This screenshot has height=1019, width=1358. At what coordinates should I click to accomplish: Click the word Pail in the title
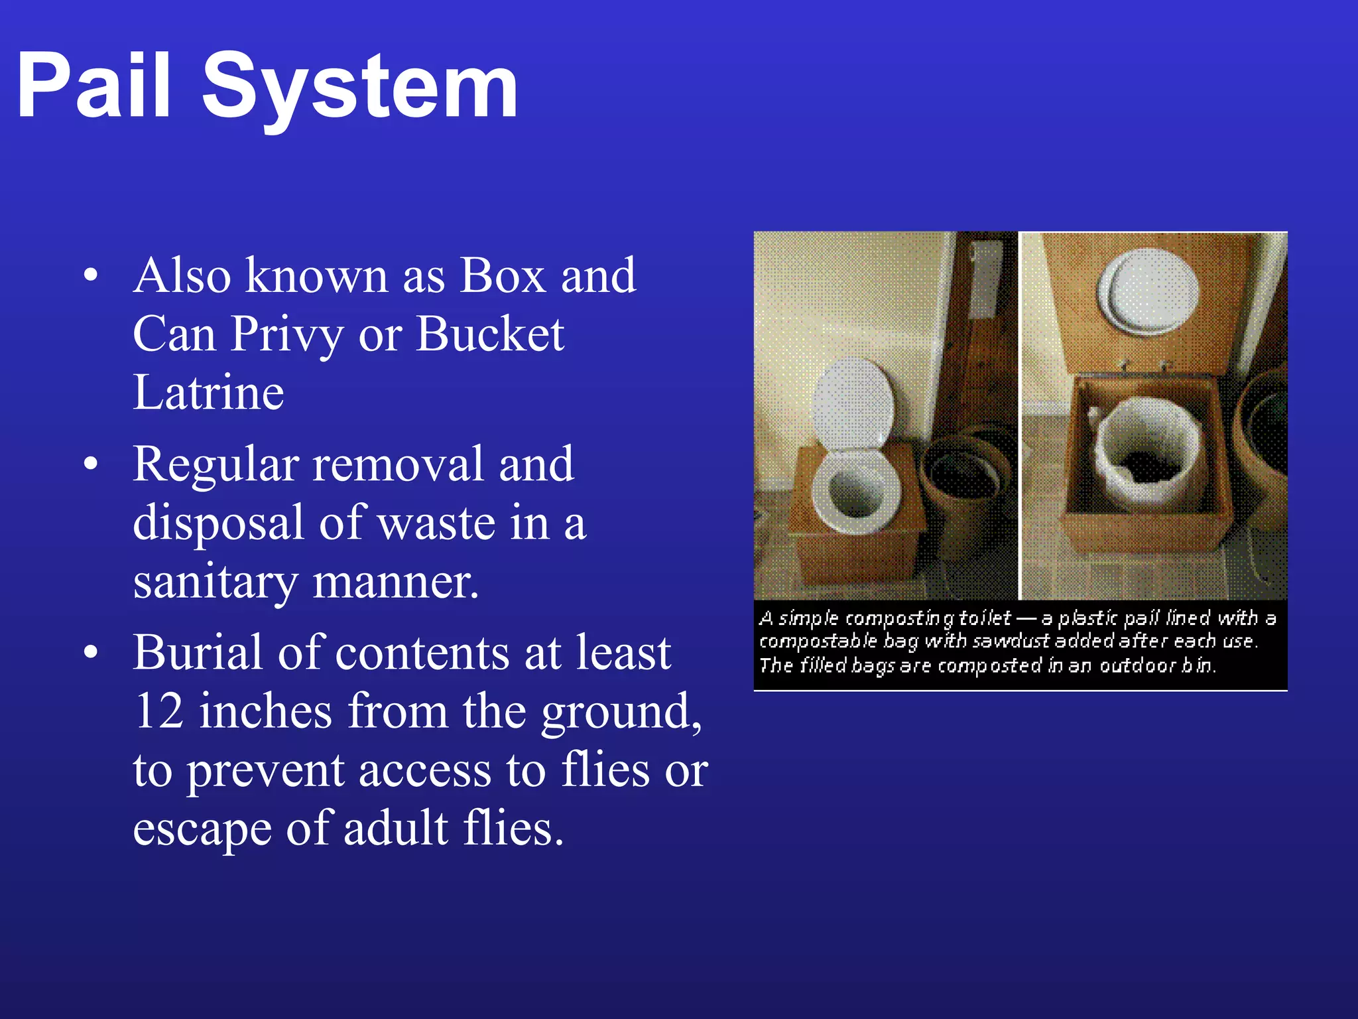tap(93, 86)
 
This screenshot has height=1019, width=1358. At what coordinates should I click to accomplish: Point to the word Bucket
tap(490, 334)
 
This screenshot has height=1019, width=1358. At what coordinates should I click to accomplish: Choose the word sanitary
tap(215, 582)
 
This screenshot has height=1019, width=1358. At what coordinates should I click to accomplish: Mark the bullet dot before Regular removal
tap(91, 463)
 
